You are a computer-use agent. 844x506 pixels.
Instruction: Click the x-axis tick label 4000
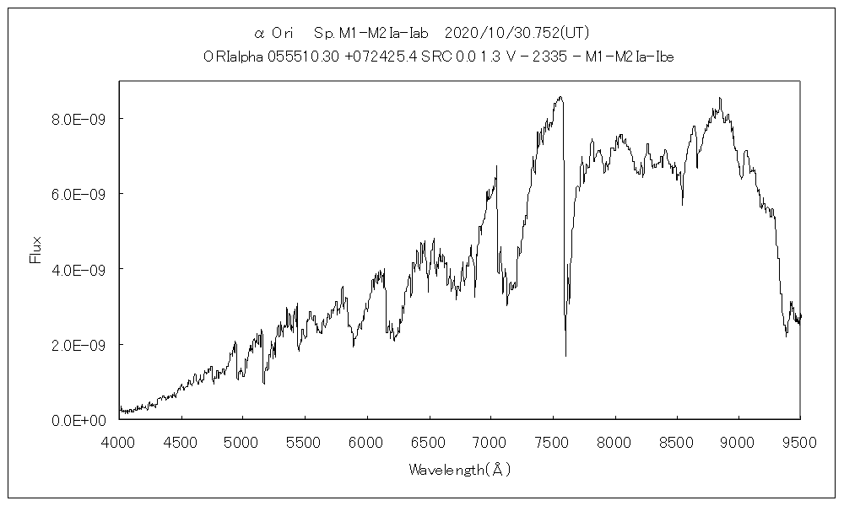(x=119, y=440)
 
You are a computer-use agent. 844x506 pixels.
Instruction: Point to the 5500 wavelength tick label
(x=305, y=440)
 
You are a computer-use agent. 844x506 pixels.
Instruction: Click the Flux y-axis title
(x=35, y=250)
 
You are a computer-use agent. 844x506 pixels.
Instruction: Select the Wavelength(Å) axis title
(x=460, y=469)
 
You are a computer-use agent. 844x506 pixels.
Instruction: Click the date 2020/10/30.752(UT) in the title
(x=516, y=34)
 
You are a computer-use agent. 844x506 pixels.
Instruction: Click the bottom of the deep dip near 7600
(x=565, y=356)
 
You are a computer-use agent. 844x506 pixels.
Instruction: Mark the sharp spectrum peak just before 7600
(x=560, y=97)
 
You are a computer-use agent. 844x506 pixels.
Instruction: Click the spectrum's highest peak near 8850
(x=720, y=98)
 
